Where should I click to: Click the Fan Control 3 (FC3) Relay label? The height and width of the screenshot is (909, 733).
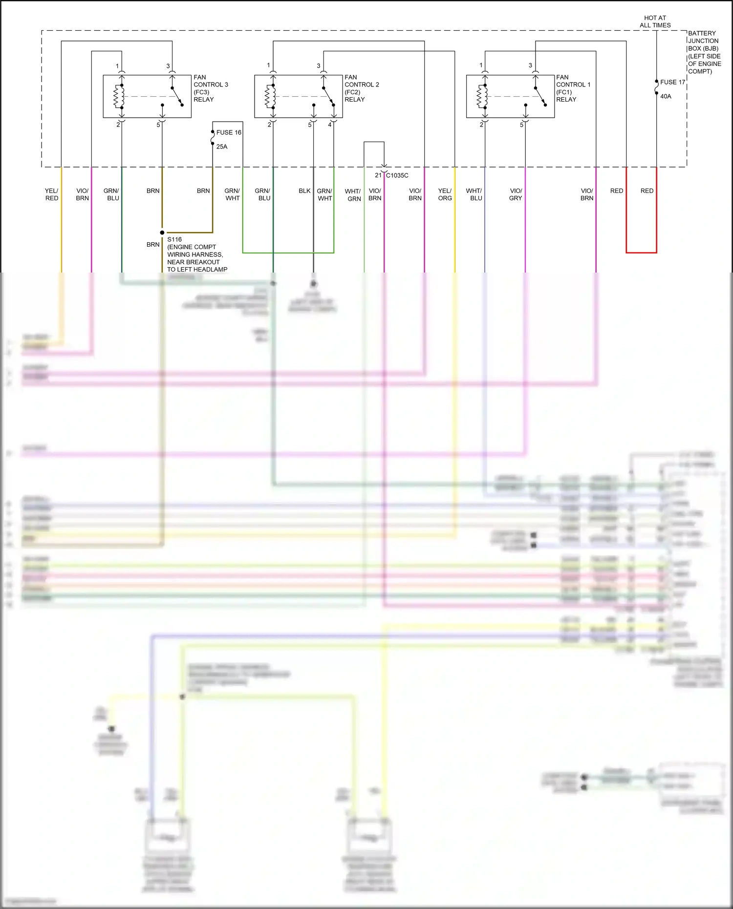coord(210,88)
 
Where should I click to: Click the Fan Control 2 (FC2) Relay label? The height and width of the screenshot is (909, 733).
coord(361,88)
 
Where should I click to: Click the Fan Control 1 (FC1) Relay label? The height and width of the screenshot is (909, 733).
coord(573,88)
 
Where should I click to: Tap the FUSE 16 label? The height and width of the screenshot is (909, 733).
coord(228,132)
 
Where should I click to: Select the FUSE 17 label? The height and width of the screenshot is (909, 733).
coord(672,82)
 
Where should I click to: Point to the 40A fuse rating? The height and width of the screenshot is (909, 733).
coord(666,96)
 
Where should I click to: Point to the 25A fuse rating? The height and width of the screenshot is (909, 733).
coord(222,147)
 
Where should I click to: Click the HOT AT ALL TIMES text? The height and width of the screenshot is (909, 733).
coord(655,21)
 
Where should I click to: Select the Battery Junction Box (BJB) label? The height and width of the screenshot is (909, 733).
coord(704,52)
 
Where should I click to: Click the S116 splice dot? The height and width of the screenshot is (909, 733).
coord(162,233)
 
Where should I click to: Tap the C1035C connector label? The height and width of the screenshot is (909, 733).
coord(397,175)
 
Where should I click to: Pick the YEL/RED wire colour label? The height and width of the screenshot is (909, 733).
coord(51,194)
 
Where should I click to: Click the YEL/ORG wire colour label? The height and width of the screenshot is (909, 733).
coord(445,194)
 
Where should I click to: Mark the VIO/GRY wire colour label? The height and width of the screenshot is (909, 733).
coord(516,194)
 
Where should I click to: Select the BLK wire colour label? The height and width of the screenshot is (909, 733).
coord(304,191)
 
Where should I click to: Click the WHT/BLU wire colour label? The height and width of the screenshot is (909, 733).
coord(474,194)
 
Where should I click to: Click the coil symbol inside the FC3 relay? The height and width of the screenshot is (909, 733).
coord(118,96)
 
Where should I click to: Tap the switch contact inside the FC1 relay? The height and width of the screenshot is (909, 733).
coord(540,96)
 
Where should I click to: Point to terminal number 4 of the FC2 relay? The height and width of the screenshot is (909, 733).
coord(330,125)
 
